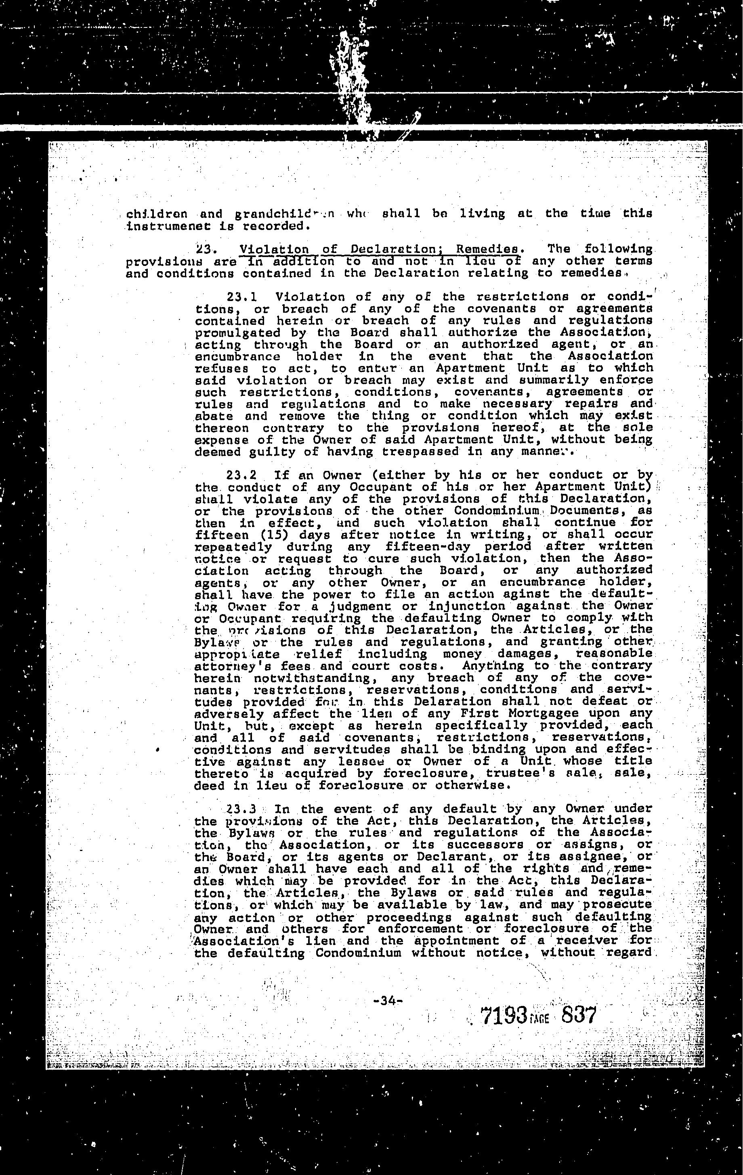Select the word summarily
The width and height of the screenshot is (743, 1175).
pyautogui.click(x=542, y=381)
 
